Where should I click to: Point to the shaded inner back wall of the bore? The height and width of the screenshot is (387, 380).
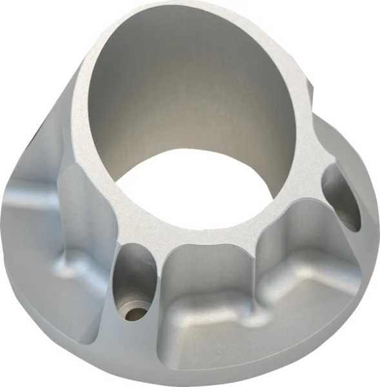click(187, 77)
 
